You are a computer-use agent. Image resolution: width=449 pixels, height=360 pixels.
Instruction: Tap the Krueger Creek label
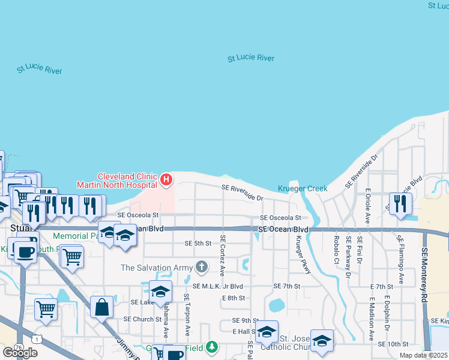click(x=303, y=188)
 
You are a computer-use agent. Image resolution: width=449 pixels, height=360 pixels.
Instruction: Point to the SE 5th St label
click(x=198, y=243)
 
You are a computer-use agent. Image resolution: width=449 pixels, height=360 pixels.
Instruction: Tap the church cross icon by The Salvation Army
click(x=203, y=266)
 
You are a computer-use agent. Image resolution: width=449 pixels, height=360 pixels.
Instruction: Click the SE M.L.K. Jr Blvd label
click(x=217, y=286)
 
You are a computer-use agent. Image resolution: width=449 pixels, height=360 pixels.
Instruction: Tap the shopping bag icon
click(x=102, y=308)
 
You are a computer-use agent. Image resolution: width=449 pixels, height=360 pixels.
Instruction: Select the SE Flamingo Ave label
click(x=399, y=256)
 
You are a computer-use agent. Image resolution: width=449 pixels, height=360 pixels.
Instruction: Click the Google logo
click(x=20, y=352)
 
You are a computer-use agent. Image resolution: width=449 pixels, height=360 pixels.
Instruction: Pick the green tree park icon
click(x=211, y=346)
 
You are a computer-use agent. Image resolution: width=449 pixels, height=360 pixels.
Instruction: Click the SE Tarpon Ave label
click(x=187, y=314)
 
